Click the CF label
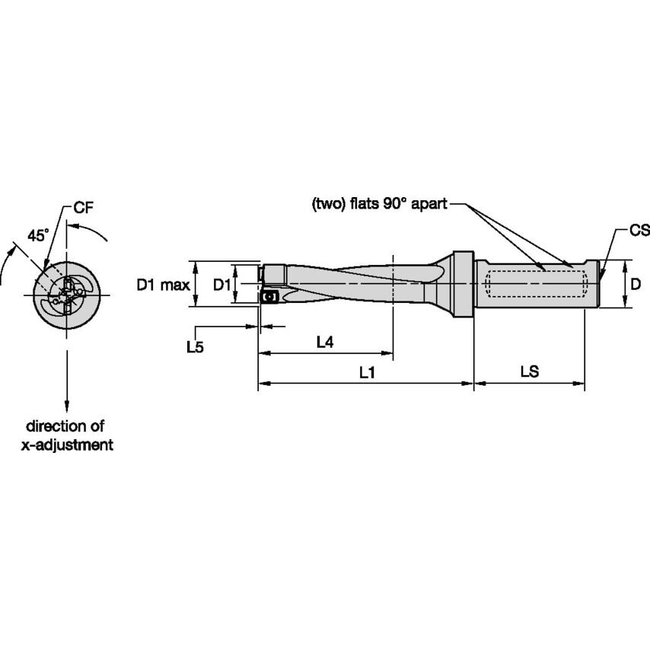coord(84,207)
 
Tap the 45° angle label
coord(38,235)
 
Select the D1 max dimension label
coord(163,285)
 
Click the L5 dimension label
coord(196,346)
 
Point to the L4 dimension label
coord(325,343)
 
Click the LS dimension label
coord(529,372)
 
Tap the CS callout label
coord(639,230)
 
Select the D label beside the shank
coord(636,284)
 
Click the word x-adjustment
coord(66,445)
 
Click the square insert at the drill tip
coord(269,296)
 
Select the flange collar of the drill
coord(461,284)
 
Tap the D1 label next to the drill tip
coord(221,285)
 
